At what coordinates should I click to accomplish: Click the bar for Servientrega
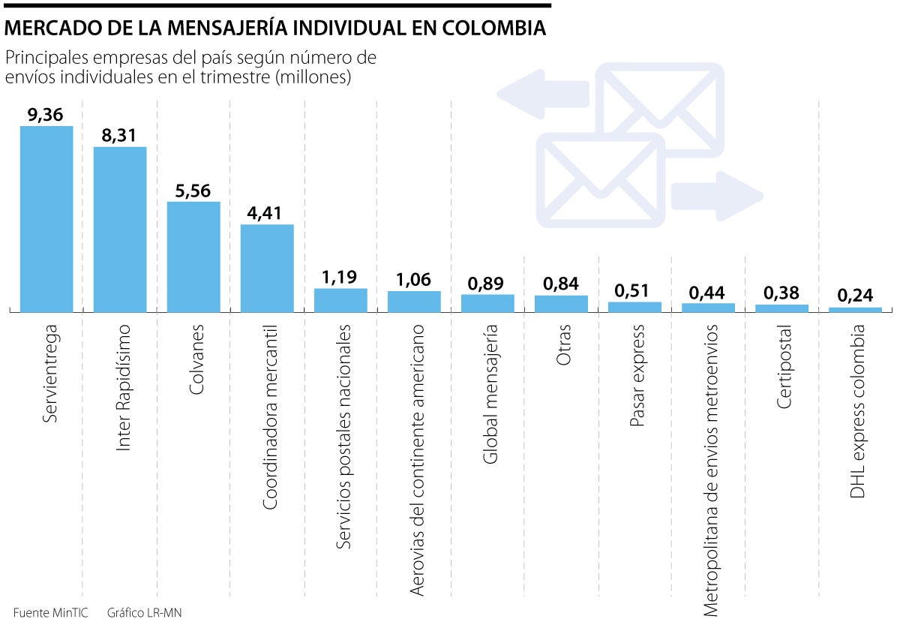(x=46, y=218)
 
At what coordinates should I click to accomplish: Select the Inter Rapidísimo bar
(x=120, y=228)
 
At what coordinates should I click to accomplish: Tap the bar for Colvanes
(x=193, y=256)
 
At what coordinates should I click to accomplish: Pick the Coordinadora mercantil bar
(x=267, y=267)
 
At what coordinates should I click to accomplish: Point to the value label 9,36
(x=46, y=115)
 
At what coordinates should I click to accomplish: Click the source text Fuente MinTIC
(x=50, y=613)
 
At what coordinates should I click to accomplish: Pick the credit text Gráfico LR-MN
(x=144, y=613)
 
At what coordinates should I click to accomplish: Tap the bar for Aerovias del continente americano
(x=414, y=301)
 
